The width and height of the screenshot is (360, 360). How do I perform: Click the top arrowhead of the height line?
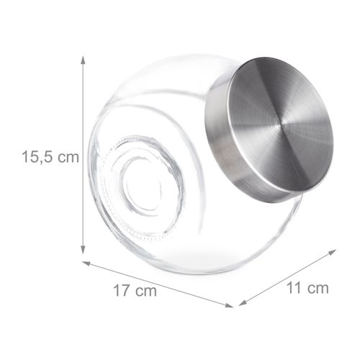84,58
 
